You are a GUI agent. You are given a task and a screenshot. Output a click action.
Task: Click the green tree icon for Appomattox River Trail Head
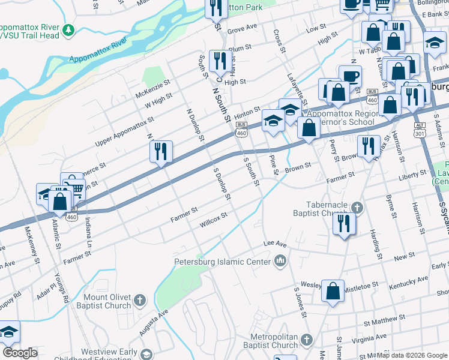click(69, 29)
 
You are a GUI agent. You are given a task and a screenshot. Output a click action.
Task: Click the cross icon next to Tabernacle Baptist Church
click(358, 208)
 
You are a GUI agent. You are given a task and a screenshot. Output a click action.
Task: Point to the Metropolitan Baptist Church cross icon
click(307, 340)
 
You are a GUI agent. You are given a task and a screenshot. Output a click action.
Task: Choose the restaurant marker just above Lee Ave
click(345, 223)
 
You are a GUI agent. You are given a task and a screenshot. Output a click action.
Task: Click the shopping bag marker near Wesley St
click(333, 291)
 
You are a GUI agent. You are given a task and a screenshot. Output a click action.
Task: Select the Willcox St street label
click(214, 218)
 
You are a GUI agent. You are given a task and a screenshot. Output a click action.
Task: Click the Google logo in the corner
click(20, 353)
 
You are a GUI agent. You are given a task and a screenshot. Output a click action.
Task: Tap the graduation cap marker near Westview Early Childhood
click(8, 332)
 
